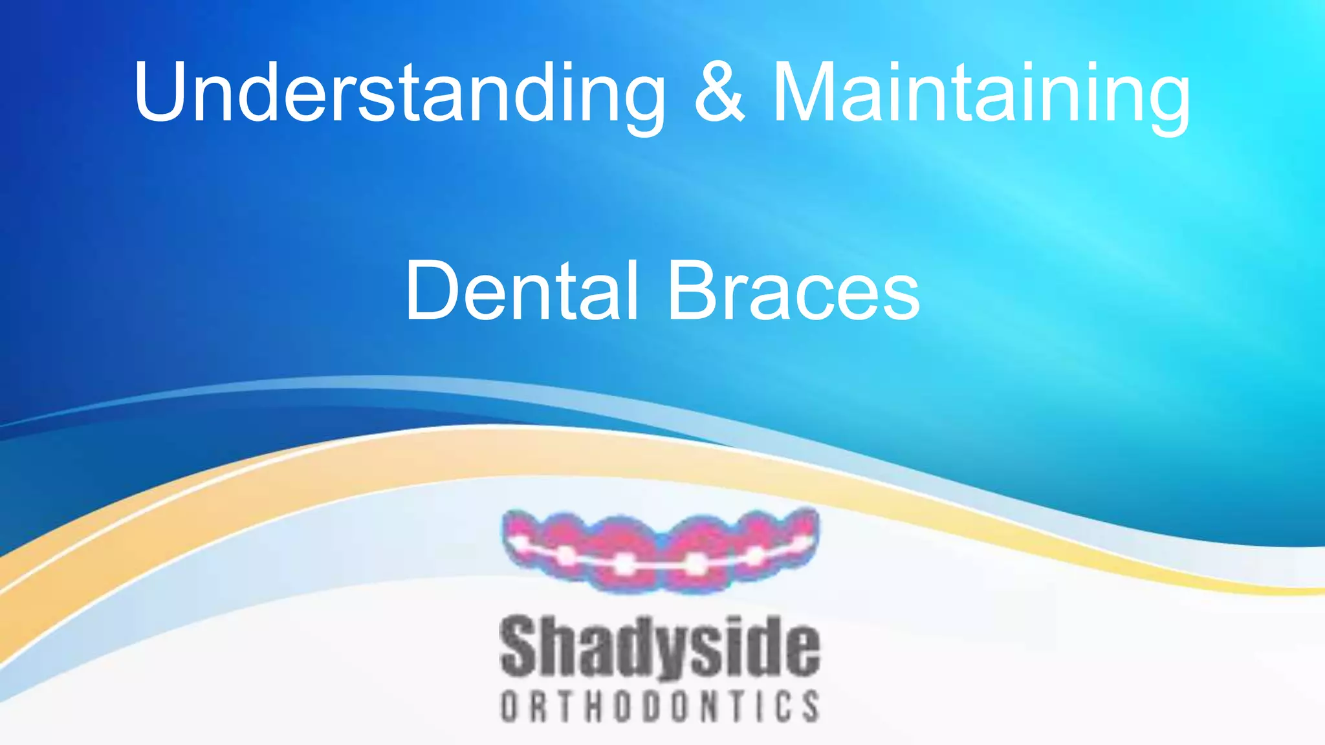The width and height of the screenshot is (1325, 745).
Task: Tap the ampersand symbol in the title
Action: (719, 92)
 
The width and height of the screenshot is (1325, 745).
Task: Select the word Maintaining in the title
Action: (981, 92)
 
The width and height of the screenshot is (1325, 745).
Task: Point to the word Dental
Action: (521, 291)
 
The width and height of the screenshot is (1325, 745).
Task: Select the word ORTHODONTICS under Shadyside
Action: (660, 706)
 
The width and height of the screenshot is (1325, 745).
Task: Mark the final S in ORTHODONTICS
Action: (811, 706)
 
